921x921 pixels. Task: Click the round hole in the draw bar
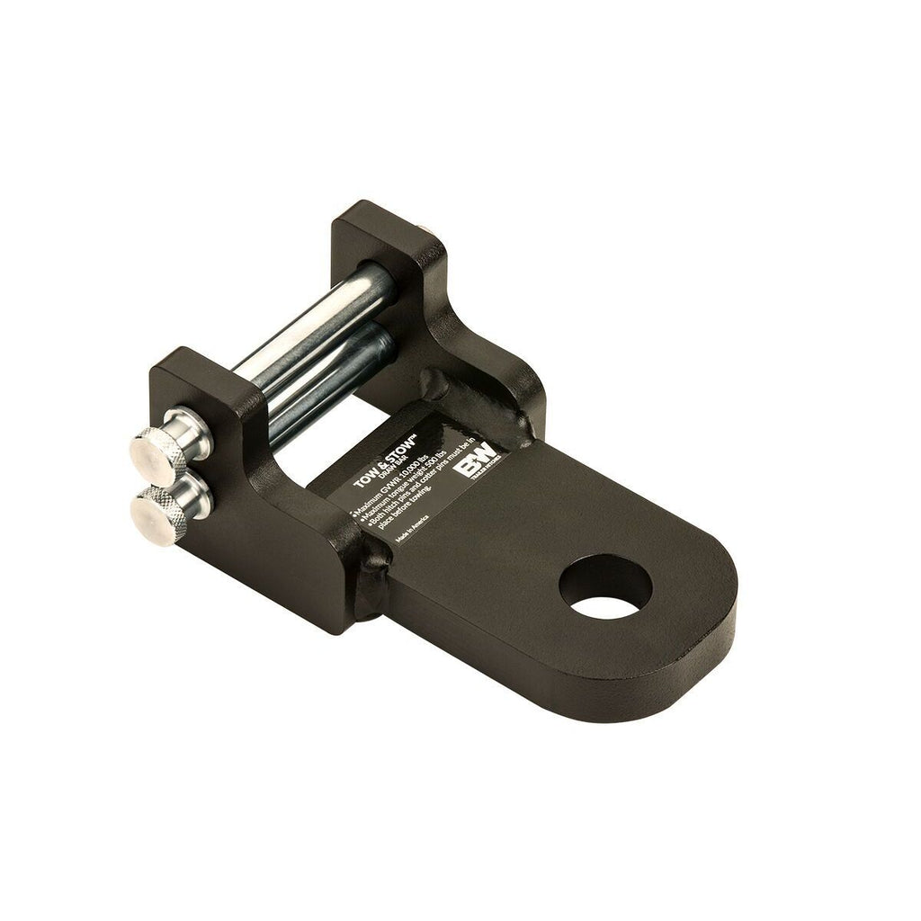coord(604,586)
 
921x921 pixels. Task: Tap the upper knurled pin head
coord(159,452)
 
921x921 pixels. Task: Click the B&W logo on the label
coord(477,469)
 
